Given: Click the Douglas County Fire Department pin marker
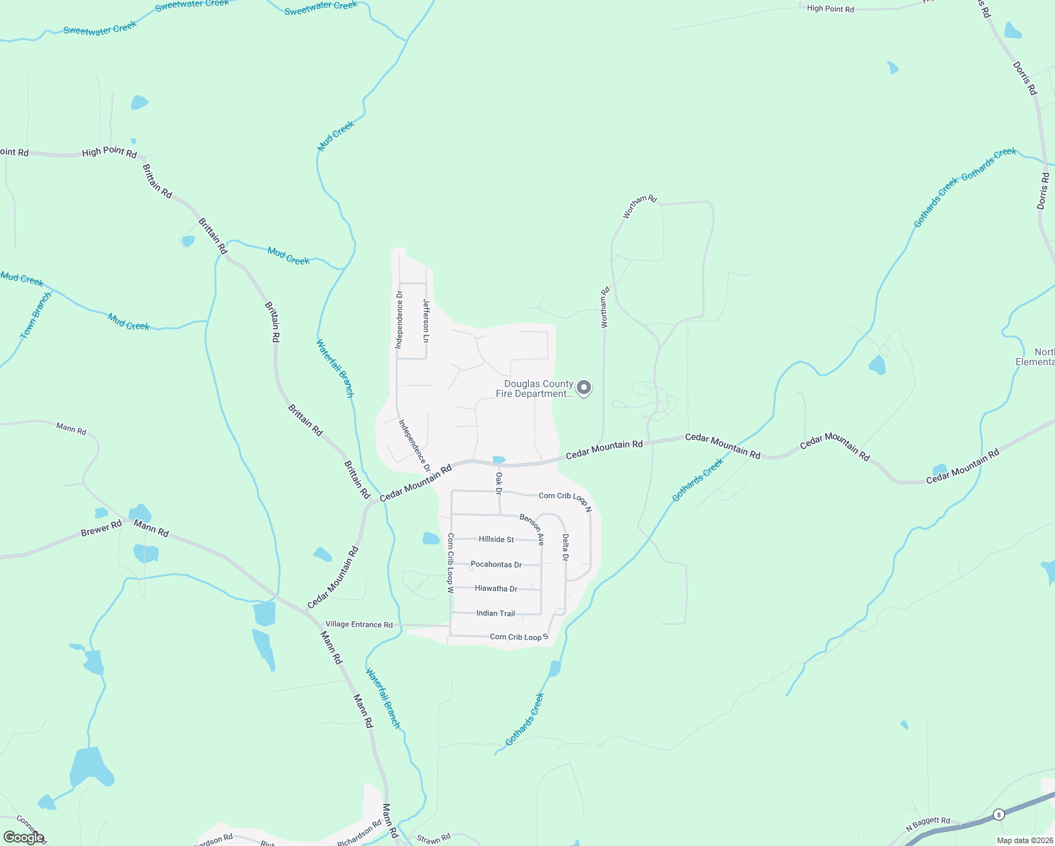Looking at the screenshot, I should pos(584,388).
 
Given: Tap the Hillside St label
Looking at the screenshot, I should pos(496,539).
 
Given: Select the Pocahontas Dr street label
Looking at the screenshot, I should pos(496,565).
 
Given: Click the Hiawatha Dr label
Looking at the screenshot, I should pos(496,589).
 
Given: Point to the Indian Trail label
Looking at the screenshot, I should pos(496,613).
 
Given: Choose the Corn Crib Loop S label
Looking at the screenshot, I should pos(519,637).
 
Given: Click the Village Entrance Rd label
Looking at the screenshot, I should pos(359,625).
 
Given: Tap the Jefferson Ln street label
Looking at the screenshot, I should pos(426,321).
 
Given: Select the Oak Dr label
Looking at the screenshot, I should pos(499,482).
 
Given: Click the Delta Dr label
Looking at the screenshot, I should pos(566,547).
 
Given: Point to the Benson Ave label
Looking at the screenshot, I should pos(532,529).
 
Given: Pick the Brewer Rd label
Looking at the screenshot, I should pos(101,529).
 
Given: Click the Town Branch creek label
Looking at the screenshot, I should pos(36,315).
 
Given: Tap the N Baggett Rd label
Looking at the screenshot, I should pos(928,823).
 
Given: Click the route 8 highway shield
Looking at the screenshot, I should pos(998,815).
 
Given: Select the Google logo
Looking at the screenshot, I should pos(24,838).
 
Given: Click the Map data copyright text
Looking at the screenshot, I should pos(1025,840).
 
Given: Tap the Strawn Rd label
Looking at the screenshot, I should pos(434,839).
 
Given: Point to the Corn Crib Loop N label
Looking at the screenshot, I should pos(565,498).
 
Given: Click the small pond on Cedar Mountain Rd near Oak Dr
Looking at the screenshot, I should pos(499,460).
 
